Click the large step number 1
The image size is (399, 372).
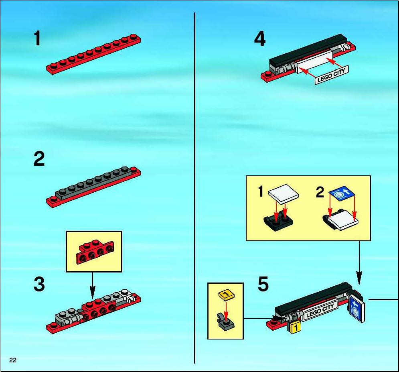[x=37, y=38]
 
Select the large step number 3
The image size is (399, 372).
[x=39, y=284]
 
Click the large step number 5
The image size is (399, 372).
[x=263, y=284]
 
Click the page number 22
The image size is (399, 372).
[x=13, y=360]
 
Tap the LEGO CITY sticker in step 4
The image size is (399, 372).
[x=332, y=75]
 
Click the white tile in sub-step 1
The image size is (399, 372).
[x=284, y=194]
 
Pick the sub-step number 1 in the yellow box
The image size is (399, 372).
[x=261, y=191]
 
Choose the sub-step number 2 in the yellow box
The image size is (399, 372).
[x=320, y=192]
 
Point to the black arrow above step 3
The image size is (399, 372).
[x=92, y=285]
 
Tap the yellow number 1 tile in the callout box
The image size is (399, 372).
[x=227, y=295]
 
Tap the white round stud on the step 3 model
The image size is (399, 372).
[x=125, y=292]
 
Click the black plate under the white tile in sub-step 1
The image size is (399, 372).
[x=278, y=222]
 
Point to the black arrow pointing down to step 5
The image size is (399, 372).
[x=359, y=263]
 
